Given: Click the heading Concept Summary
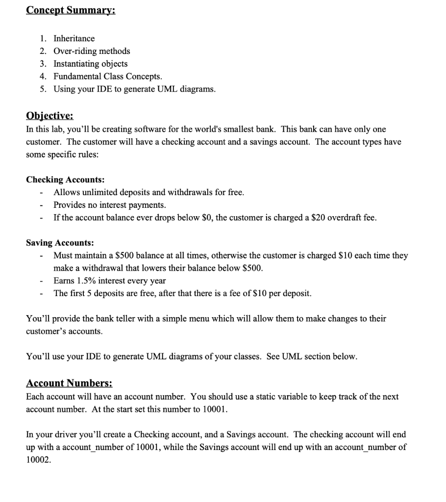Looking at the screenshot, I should [71, 10].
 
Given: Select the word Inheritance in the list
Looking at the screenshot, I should [74, 38].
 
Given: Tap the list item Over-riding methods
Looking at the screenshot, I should [92, 51].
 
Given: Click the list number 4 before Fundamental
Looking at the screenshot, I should [43, 76].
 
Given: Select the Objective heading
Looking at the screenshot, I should [50, 116].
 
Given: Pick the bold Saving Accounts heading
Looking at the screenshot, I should [60, 243].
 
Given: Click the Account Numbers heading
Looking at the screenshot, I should [69, 382].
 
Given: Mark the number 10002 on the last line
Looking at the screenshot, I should [38, 460].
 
